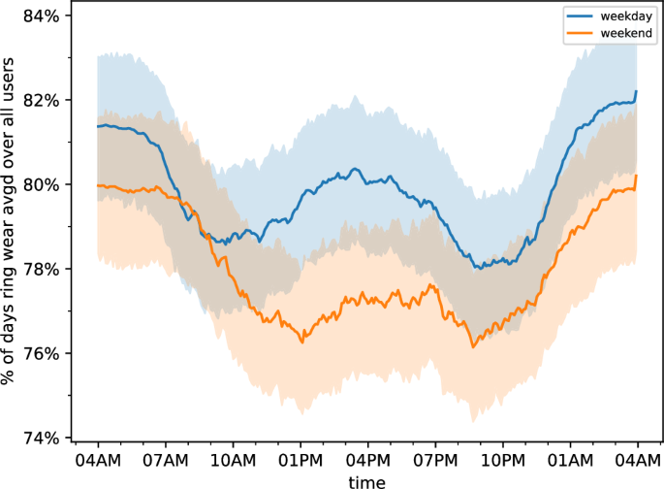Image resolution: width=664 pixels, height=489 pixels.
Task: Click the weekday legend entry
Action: pos(611,16)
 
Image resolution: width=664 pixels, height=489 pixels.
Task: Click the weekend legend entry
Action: pos(611,33)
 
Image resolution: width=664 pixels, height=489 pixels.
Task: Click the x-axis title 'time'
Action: pos(367,480)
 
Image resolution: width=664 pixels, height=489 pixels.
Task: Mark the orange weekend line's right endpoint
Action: pos(637,176)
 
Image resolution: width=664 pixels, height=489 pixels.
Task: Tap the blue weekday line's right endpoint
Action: pos(637,91)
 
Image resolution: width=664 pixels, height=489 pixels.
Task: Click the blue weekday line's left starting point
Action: pos(98,126)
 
